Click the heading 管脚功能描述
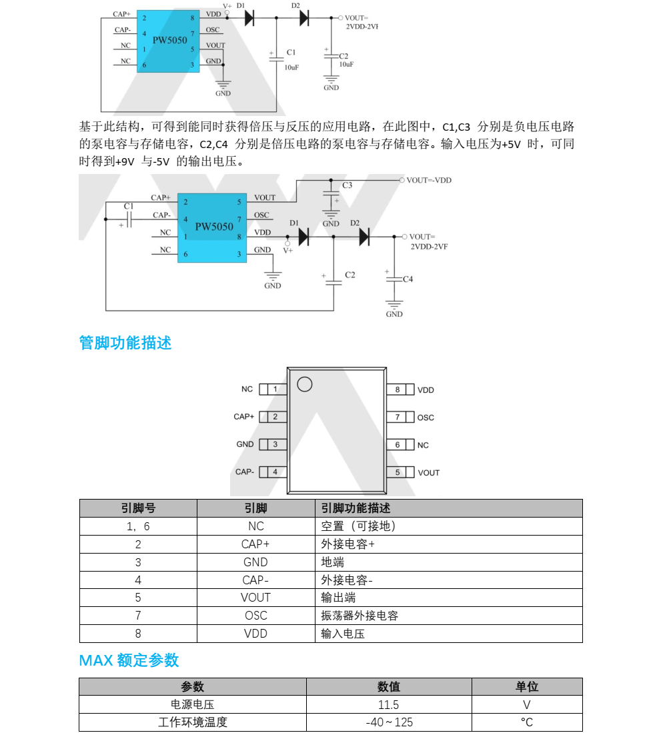125,343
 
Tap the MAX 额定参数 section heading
129,660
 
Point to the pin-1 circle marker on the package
304,384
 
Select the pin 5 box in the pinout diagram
398,472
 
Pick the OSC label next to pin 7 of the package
426,418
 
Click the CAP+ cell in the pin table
255,544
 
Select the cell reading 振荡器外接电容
360,616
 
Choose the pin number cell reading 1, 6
138,526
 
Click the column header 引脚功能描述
356,508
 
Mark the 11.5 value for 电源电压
388,704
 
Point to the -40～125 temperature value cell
389,722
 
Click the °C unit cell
526,722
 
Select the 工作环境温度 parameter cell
193,722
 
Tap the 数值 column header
388,686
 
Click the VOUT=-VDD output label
429,180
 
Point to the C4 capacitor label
408,279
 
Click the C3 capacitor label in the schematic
348,185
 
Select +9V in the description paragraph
125,161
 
